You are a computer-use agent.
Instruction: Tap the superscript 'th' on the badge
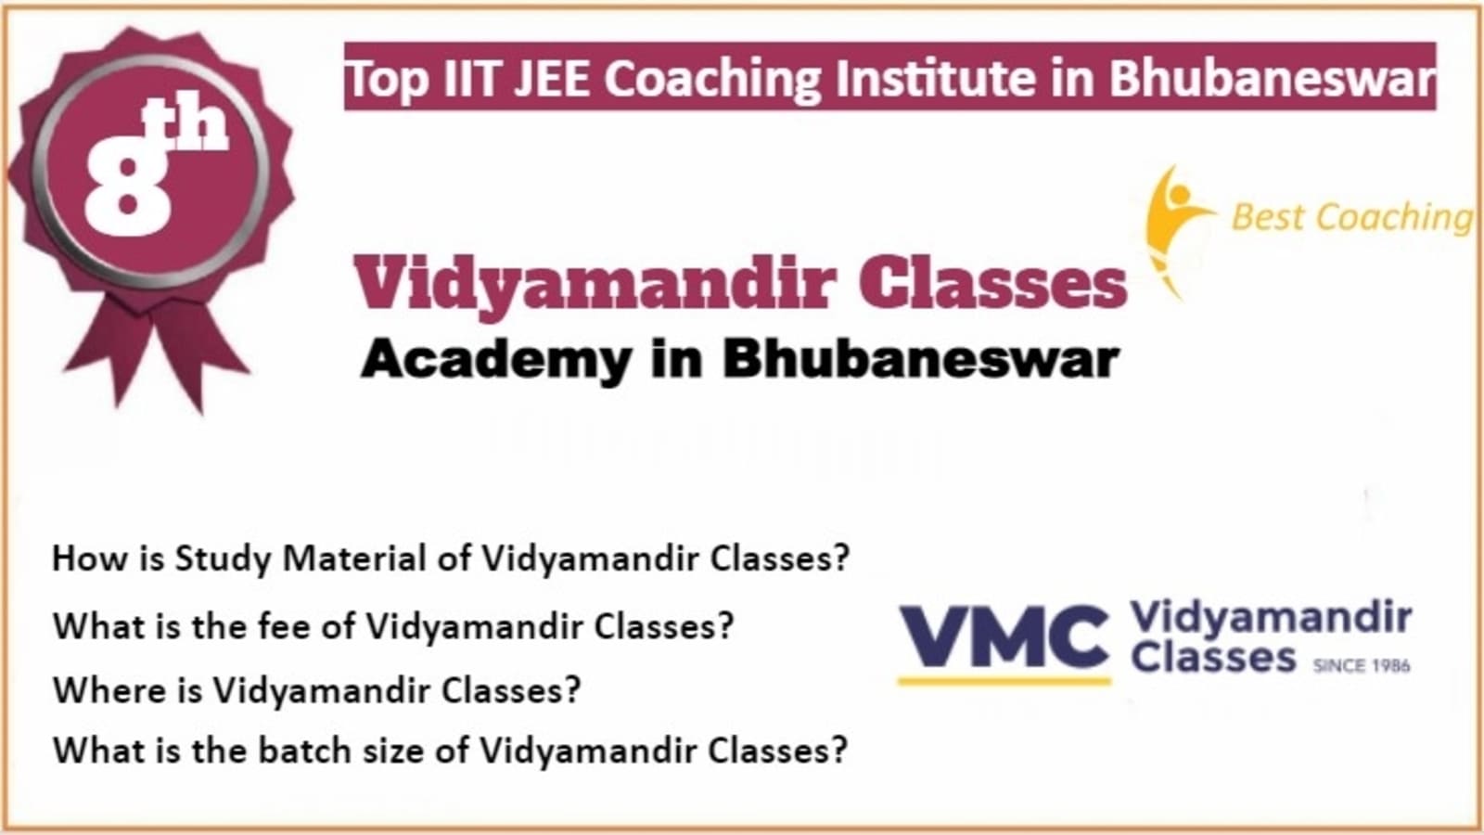coord(186,125)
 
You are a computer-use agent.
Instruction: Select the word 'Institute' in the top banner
coord(933,78)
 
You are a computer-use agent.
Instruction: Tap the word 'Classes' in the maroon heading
coord(992,284)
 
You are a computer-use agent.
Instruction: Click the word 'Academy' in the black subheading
coord(495,361)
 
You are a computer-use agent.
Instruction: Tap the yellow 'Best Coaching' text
coord(1352,217)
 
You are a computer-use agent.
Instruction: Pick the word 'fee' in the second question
coord(284,624)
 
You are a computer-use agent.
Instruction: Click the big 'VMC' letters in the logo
coord(1004,637)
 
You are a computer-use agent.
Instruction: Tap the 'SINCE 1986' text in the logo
coord(1362,664)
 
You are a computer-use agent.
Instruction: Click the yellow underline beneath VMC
coord(1004,681)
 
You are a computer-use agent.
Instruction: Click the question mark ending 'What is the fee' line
coord(725,624)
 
